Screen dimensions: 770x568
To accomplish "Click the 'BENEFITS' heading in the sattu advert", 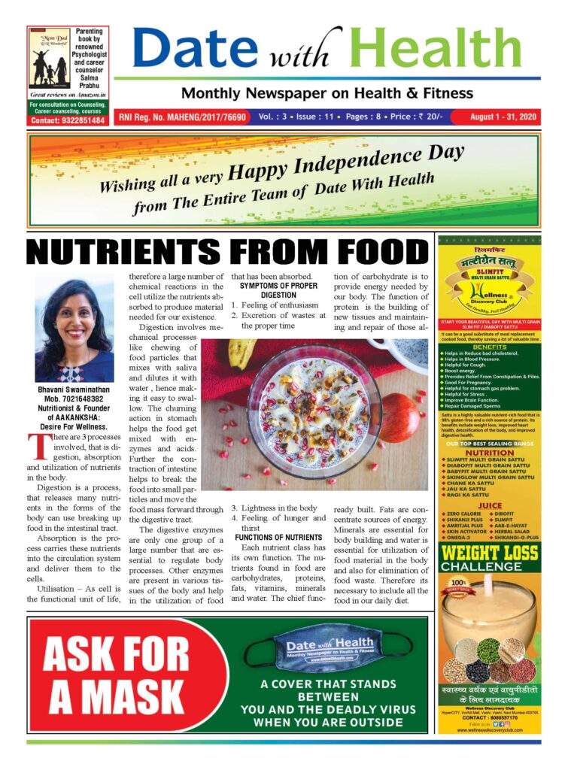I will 490,347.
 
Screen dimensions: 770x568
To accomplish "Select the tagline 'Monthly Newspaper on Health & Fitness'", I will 327,94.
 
